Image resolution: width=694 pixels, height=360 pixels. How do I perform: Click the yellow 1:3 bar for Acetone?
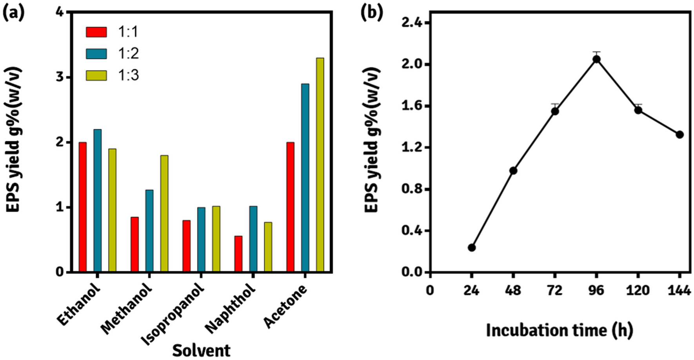coord(320,165)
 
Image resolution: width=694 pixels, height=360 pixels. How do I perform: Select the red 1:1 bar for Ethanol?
coord(83,207)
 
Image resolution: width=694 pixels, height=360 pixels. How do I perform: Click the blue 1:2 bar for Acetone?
coord(305,178)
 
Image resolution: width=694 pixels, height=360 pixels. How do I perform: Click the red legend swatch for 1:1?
coord(96,32)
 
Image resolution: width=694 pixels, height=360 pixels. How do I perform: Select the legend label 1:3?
coord(129,75)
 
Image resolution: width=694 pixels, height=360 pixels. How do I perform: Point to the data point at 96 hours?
coord(596,59)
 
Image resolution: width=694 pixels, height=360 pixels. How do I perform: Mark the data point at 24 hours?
coord(472,247)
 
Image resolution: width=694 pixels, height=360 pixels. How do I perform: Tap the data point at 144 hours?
coord(679,135)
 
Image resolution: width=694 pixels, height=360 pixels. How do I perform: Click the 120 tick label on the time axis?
coord(638,291)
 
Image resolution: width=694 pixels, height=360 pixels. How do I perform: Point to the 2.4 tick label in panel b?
coord(412,23)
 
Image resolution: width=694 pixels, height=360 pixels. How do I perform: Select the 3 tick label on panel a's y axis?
coord(60,77)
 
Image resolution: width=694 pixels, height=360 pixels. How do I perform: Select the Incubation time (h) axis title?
coord(560,330)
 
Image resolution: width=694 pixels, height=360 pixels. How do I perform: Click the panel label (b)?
coord(371,13)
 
